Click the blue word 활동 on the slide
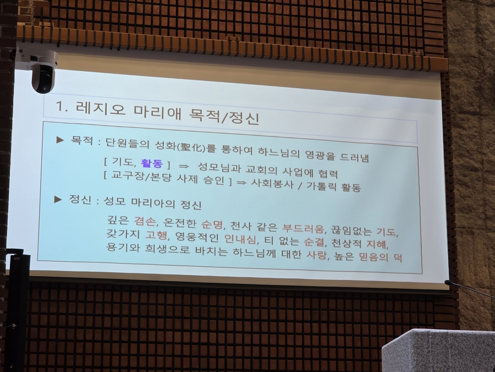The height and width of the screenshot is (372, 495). pos(152,163)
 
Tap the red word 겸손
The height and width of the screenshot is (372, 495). pos(145,221)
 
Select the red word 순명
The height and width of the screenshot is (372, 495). pos(212,224)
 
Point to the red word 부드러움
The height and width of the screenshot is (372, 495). pos(303,228)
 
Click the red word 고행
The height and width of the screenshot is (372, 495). pos(156,235)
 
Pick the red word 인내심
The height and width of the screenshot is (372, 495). pos(240,239)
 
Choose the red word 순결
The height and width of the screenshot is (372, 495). pos(314,242)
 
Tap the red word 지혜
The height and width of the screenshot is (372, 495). pos(376,245)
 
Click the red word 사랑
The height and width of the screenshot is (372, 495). pos(316,255)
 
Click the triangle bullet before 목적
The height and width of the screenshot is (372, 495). pos(60,139)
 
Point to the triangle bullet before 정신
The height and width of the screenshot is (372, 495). pos(58,200)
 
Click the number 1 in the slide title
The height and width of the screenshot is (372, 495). pos(59,106)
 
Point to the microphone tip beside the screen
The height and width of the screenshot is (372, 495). pos(447,282)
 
